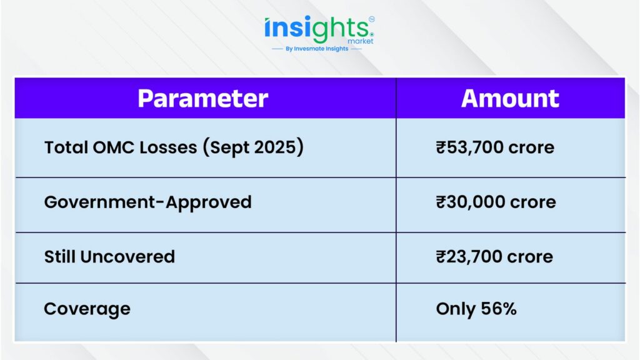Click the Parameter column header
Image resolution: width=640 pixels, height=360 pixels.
pos(203,98)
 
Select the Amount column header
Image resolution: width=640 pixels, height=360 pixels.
pos(510,98)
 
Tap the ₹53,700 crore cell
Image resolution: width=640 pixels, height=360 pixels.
pos(495,147)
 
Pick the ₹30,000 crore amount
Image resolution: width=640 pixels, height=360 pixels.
pos(496,202)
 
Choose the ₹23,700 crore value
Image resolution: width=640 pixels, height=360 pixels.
pos(494,257)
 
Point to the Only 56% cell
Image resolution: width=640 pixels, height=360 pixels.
pos(476,309)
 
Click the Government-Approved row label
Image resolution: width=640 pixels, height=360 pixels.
pos(147,202)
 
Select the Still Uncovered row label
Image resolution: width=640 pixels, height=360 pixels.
pos(109,257)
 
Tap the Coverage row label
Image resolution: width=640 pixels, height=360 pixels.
pos(87,309)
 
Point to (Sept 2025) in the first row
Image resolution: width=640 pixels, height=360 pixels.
pos(254,147)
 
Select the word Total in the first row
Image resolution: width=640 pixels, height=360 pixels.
pos(66,147)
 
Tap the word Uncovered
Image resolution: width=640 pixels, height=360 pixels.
pos(127,257)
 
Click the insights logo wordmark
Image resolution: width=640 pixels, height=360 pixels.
pos(317,29)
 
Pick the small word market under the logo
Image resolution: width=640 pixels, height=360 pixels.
pos(361,41)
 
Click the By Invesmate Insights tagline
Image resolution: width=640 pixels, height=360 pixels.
pos(317,49)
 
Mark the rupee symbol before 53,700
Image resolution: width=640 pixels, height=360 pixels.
pos(441,147)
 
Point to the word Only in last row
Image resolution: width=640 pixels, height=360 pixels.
pos(456,309)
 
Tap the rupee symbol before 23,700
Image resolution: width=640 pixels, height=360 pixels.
pos(441,257)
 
